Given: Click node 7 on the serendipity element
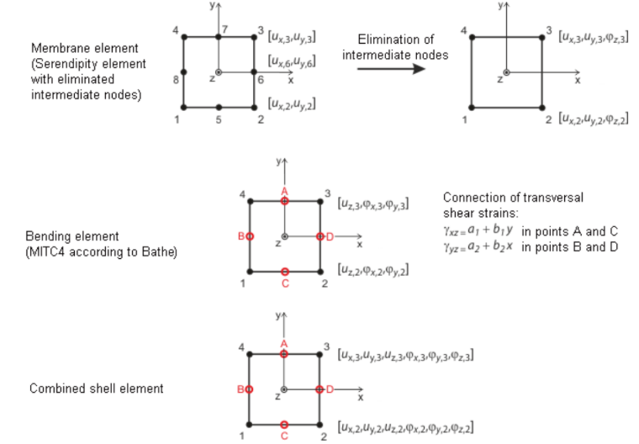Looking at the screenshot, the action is click(219, 37).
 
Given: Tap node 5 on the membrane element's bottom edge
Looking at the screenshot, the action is click(219, 108).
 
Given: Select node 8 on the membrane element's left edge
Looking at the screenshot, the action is click(184, 72).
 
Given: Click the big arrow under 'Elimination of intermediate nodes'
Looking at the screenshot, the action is click(391, 68).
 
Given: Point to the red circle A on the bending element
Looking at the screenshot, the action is click(285, 201).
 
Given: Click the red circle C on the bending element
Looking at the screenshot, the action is click(285, 272).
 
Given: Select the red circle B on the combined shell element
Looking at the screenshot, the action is click(250, 390).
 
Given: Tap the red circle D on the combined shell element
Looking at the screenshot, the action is click(319, 390).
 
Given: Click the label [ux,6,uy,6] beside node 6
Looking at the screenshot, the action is click(292, 61).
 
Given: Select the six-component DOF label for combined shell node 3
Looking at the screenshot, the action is click(405, 355).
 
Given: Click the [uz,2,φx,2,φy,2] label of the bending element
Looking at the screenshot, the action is click(372, 270).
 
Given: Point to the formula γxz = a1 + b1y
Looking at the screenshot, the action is click(478, 230).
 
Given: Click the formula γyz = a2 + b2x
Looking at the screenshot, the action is click(478, 246).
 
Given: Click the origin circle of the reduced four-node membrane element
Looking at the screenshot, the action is click(506, 72).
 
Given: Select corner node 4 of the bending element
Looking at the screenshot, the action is click(251, 202).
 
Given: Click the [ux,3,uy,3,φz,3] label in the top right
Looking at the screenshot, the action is click(594, 37).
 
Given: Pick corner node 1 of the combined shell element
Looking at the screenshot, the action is click(250, 425).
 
